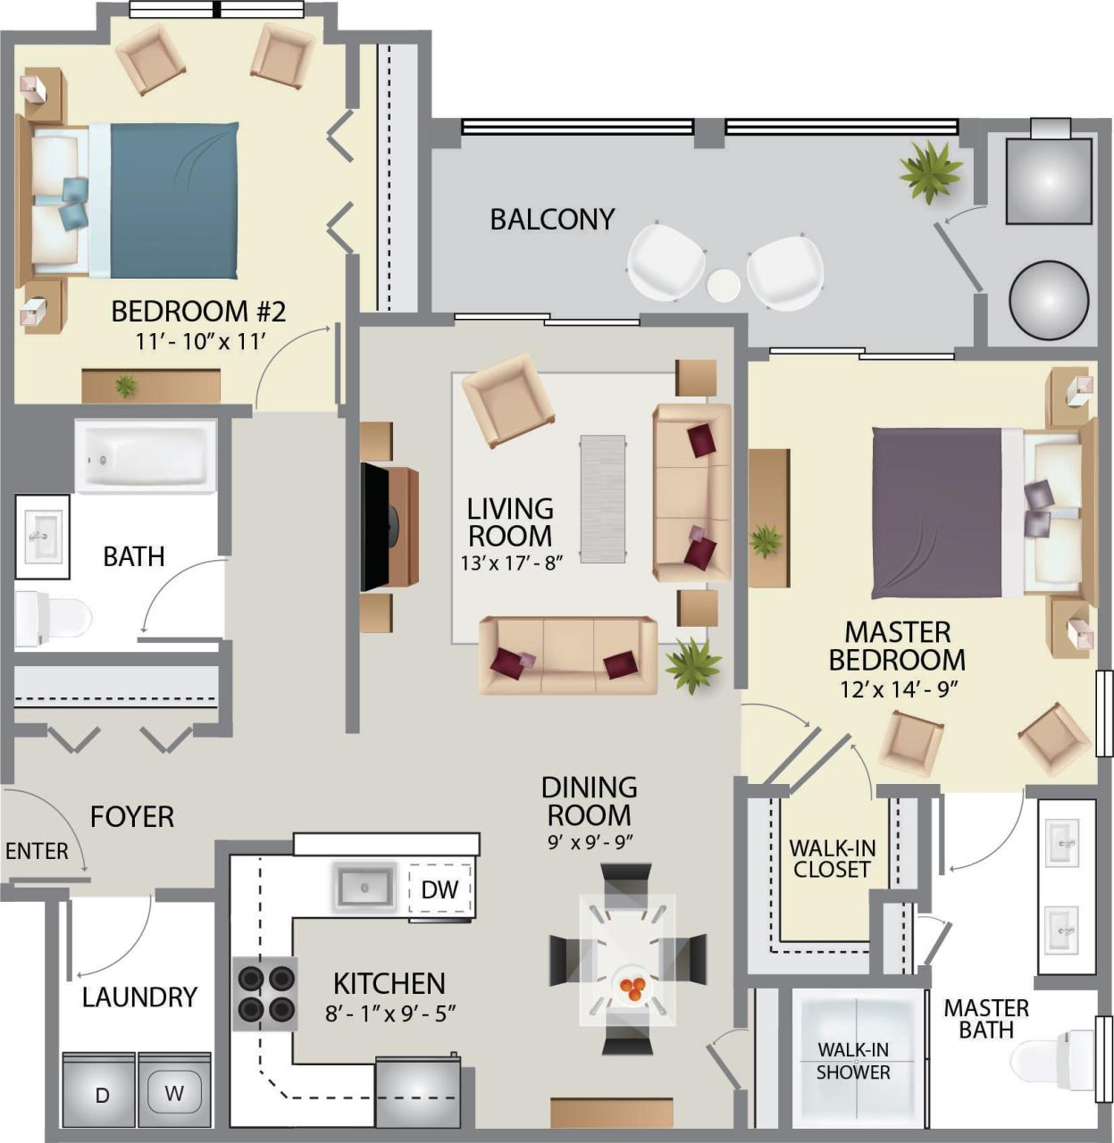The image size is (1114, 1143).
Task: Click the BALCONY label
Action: tap(552, 219)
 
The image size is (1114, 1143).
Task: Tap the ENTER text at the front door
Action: tap(37, 851)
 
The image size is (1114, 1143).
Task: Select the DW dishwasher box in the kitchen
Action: tap(440, 889)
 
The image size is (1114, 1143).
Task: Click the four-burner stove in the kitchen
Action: tap(265, 994)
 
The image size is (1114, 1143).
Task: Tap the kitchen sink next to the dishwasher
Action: tap(364, 887)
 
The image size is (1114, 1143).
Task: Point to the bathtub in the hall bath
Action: tap(146, 456)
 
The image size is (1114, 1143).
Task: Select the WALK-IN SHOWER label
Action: tap(853, 1061)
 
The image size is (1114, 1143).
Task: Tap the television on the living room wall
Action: tap(375, 527)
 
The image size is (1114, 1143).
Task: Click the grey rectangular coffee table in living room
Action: tap(603, 498)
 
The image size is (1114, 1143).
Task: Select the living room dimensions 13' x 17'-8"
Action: tap(510, 563)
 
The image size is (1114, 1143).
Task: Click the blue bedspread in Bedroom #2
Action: tap(174, 200)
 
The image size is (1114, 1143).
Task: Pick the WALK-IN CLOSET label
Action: tap(832, 858)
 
